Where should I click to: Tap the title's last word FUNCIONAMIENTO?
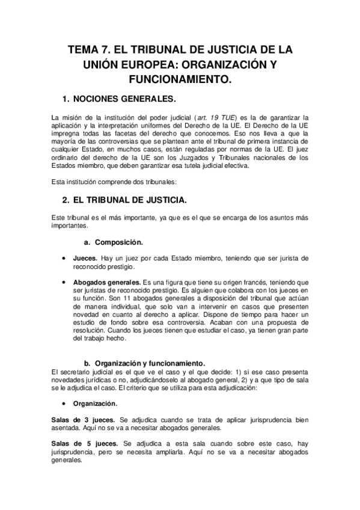[180, 79]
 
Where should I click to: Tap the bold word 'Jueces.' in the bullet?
[86, 258]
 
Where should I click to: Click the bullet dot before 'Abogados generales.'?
[64, 281]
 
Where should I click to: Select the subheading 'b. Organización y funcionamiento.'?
[145, 363]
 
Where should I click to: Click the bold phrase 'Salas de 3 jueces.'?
[82, 419]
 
